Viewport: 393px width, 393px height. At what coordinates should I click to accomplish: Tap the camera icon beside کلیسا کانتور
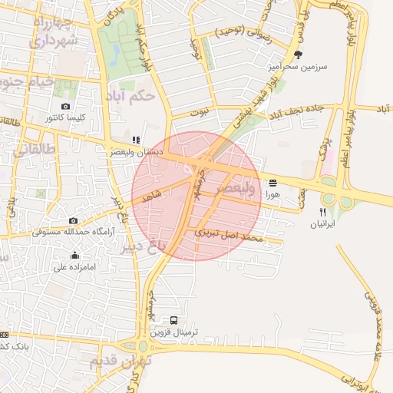[64, 106]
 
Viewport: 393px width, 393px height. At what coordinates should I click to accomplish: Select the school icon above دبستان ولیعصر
[136, 140]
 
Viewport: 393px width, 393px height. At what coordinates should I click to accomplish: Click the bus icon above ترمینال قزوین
[173, 320]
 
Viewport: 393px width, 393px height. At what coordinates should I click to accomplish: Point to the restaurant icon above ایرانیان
[323, 212]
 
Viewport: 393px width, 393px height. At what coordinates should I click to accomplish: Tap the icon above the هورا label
[273, 183]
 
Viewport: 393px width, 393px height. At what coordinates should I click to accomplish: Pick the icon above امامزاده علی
[75, 255]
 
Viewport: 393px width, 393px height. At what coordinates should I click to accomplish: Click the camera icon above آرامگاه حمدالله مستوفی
[73, 220]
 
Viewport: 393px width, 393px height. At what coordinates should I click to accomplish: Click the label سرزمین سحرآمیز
[297, 67]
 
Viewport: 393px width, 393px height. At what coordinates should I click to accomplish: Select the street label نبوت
[200, 112]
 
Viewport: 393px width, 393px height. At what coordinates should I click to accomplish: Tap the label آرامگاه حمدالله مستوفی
[74, 232]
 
